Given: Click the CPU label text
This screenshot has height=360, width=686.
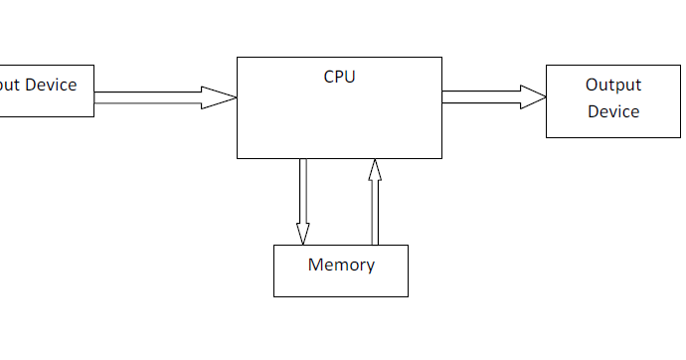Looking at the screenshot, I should (x=339, y=77).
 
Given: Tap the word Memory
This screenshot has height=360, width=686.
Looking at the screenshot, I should (x=341, y=265).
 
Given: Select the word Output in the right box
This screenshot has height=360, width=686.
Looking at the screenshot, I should (x=613, y=86).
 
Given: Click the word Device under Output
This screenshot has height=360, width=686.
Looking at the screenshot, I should (x=613, y=111).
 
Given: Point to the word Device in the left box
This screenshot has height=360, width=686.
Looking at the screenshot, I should (x=51, y=85).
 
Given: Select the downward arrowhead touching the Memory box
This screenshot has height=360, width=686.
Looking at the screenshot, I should (x=303, y=231).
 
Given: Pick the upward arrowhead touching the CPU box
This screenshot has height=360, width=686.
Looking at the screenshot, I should (x=375, y=172).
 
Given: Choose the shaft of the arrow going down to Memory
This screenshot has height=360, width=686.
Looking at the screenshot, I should (x=303, y=189).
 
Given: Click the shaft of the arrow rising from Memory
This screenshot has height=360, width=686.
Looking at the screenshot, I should (x=375, y=214).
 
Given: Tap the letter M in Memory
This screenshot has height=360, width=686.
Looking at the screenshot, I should (x=315, y=265).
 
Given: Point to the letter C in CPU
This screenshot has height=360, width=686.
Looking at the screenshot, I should (x=329, y=77).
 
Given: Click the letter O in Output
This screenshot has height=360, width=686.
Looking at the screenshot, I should (x=592, y=86).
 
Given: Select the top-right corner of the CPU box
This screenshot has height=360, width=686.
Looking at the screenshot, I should (x=441, y=58).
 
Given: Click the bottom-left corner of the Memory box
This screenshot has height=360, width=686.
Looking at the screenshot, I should (x=274, y=295).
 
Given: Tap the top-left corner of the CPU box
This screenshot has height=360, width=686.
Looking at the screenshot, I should (x=237, y=58).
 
